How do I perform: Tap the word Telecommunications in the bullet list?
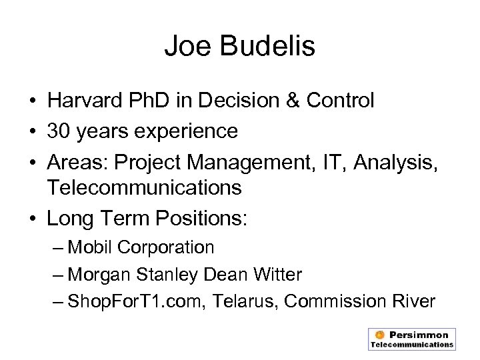point(144,189)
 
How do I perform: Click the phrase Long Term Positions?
point(147,217)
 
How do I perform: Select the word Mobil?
point(91,247)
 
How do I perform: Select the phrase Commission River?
point(360,301)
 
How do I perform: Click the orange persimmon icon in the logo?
point(379,335)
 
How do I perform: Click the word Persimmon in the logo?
point(418,335)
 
